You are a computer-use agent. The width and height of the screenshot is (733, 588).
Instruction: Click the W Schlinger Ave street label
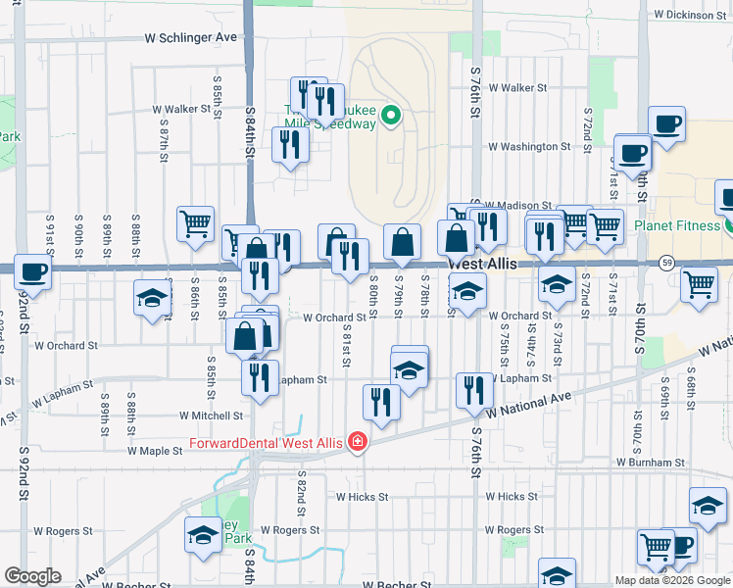click(x=191, y=37)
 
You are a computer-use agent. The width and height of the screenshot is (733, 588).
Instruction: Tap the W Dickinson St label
click(x=692, y=15)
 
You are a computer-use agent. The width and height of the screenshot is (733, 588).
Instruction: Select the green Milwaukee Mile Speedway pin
click(x=390, y=118)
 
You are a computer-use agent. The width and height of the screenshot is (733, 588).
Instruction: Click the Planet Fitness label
click(x=677, y=224)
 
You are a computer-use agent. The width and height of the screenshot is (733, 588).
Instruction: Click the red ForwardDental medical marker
click(x=357, y=443)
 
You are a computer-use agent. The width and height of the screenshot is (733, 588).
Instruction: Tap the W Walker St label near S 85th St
click(x=181, y=110)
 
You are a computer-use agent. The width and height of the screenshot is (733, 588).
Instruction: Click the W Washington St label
click(x=529, y=147)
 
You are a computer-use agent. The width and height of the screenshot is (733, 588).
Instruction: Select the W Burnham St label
click(x=650, y=462)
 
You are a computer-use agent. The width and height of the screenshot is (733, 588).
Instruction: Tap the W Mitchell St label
click(x=210, y=416)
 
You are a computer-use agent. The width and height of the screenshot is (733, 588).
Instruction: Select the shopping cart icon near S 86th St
click(x=196, y=223)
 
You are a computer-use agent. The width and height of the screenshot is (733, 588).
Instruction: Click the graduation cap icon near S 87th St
click(x=152, y=298)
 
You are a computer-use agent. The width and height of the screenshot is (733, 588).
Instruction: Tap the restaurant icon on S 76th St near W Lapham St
click(x=474, y=389)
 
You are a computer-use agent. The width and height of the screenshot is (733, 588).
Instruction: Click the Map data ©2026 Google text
click(x=671, y=580)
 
